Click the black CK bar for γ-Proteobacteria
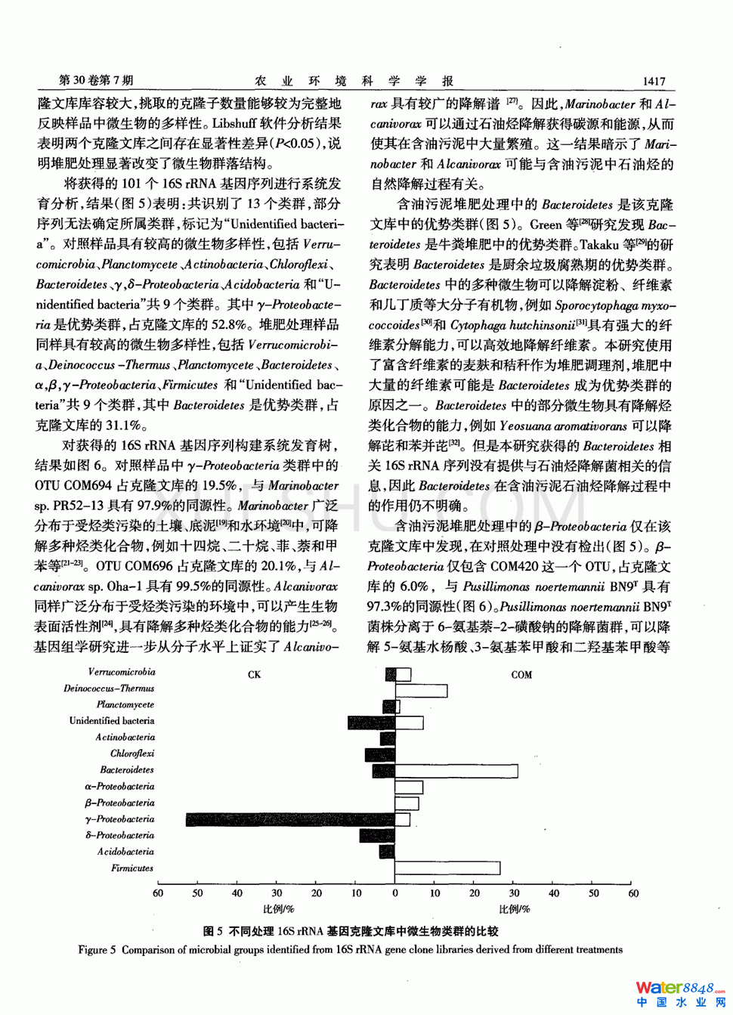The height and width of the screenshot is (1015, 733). [290, 819]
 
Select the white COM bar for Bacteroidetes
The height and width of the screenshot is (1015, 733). [456, 771]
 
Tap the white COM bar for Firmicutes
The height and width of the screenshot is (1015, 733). [447, 868]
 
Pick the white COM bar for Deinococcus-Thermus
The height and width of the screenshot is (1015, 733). [421, 690]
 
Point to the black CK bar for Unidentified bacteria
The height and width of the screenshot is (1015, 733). [371, 723]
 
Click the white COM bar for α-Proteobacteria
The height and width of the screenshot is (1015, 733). [409, 788]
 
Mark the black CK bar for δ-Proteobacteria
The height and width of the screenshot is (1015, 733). [377, 835]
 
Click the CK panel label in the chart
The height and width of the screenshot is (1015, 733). [254, 674]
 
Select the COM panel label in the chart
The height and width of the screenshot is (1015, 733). [521, 674]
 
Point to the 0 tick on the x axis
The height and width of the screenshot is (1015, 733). [394, 893]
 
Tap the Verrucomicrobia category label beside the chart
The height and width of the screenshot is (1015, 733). [121, 672]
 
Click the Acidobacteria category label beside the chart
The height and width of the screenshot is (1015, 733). [125, 852]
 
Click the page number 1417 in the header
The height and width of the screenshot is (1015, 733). [654, 82]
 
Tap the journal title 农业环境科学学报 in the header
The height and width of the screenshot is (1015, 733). [354, 81]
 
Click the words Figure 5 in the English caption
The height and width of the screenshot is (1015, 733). [97, 950]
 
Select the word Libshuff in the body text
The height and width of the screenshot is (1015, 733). [237, 123]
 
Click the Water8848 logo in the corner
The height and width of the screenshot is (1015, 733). [679, 992]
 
